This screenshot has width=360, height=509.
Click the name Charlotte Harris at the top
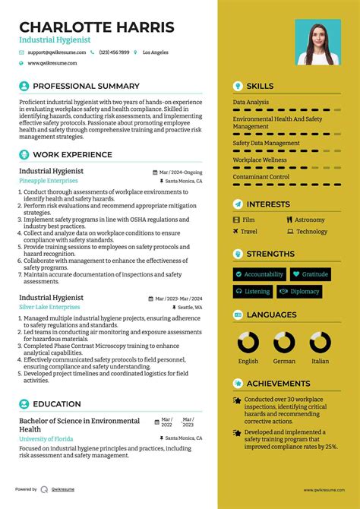tap(96, 27)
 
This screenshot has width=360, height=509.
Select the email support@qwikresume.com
tap(55, 52)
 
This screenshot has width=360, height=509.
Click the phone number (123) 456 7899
tap(113, 52)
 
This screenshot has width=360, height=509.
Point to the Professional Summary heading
tap(86, 86)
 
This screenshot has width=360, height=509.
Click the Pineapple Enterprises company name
tap(49, 181)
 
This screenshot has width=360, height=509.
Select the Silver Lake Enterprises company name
tap(50, 307)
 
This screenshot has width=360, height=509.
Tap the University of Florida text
tap(47, 438)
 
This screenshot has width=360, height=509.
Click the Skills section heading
tap(260, 86)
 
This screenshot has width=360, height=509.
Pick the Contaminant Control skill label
tap(261, 176)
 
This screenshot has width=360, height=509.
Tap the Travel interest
tap(249, 231)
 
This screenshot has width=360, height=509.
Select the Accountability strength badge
tap(259, 273)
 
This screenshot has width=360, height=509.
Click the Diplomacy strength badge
tap(300, 291)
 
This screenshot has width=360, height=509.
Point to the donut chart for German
tap(285, 343)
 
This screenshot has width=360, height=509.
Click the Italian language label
tap(320, 361)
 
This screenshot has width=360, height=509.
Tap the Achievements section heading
tap(278, 384)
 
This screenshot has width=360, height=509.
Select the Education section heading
tap(57, 404)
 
